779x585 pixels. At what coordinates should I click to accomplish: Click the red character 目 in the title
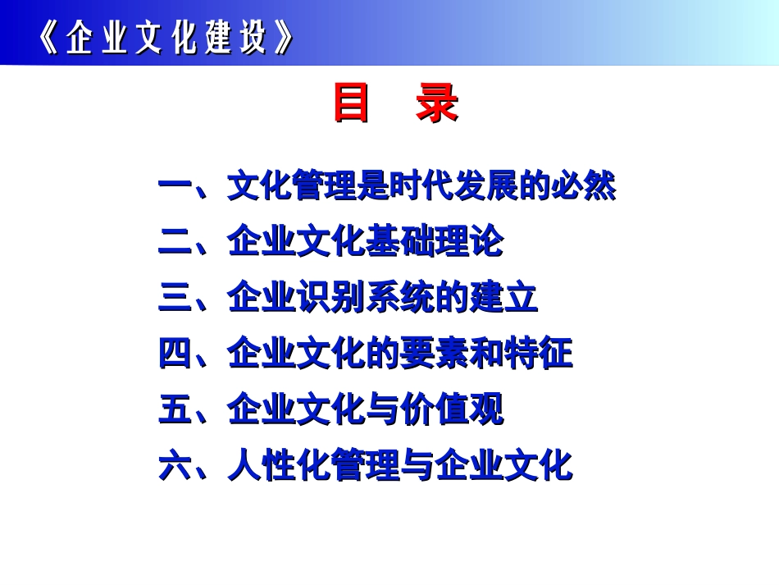click(351, 103)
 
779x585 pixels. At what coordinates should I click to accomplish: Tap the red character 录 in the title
click(437, 103)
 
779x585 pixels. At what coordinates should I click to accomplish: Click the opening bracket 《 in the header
click(50, 37)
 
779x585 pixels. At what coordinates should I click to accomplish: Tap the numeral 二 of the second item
click(175, 242)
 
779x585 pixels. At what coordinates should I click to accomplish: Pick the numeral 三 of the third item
click(175, 298)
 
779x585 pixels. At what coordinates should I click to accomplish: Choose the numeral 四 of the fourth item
click(175, 354)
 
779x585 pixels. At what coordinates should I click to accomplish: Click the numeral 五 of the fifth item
click(175, 409)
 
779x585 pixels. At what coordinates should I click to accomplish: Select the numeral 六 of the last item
click(175, 465)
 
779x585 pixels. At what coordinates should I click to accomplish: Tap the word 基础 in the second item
click(400, 241)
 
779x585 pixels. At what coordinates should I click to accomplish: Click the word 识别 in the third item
click(331, 297)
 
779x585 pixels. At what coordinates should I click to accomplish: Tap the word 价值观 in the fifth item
click(452, 409)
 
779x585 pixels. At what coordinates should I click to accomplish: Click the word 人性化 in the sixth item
click(279, 464)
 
